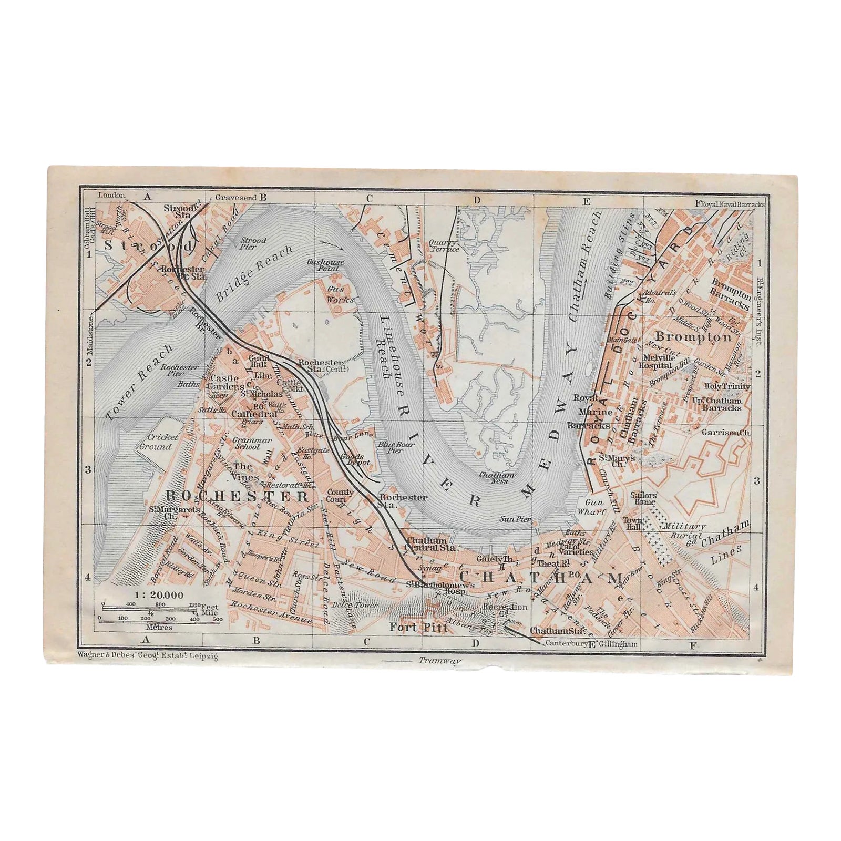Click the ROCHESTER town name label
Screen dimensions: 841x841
237,496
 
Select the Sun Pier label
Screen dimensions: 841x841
516,519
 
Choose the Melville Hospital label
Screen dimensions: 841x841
657,361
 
